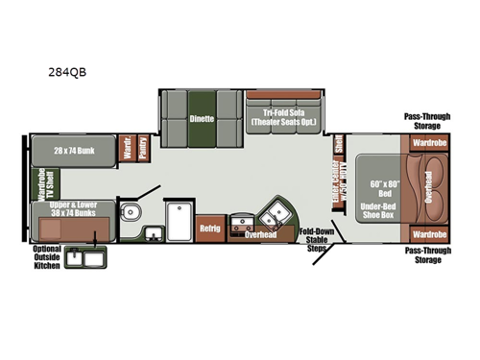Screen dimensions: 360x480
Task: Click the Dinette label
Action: click(202, 119)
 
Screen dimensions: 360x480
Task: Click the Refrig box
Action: click(209, 228)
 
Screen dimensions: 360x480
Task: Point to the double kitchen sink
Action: click(278, 210)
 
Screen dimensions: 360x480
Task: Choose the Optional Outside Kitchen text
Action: click(45, 256)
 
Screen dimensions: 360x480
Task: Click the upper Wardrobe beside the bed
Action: click(428, 143)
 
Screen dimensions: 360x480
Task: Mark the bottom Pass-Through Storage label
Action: click(427, 254)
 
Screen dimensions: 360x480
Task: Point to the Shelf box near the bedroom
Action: click(339, 146)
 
